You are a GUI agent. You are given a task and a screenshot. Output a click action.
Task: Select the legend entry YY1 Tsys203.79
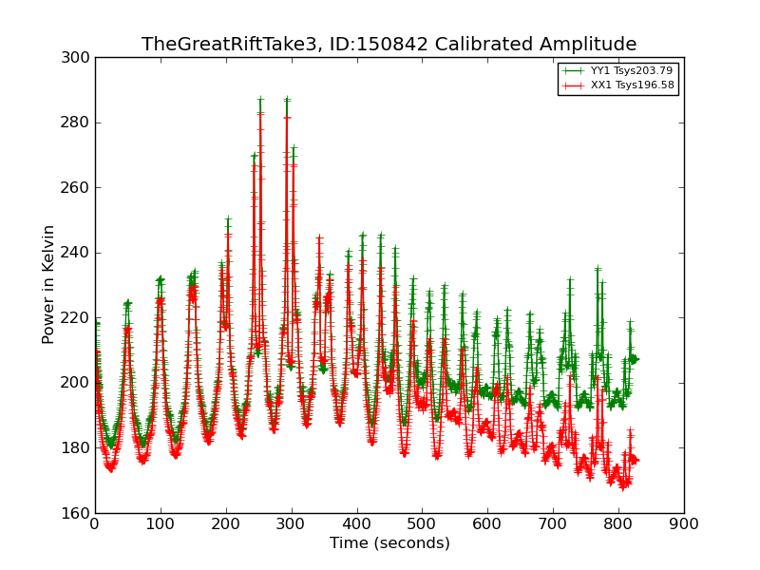632,70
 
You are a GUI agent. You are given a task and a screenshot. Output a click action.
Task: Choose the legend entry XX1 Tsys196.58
632,85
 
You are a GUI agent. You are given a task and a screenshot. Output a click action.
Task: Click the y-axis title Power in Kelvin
48,284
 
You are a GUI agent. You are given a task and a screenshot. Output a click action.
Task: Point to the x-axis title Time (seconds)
389,543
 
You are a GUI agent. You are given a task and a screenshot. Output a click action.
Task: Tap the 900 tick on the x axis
684,522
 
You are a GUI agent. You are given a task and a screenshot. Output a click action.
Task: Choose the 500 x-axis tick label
422,522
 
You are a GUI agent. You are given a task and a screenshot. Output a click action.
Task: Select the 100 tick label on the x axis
161,522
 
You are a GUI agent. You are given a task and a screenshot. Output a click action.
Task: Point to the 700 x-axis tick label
553,522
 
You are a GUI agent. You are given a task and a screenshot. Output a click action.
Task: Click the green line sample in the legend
573,70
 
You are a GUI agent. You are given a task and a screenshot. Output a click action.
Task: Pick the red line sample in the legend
573,85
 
